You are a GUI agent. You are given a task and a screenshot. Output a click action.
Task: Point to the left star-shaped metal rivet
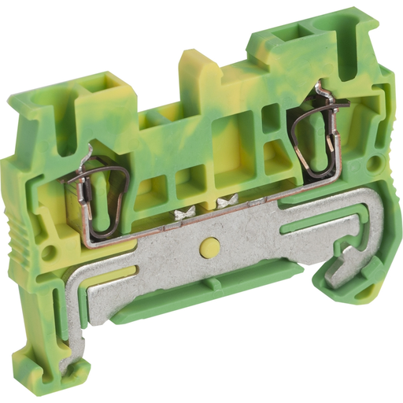tap(186, 212)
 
